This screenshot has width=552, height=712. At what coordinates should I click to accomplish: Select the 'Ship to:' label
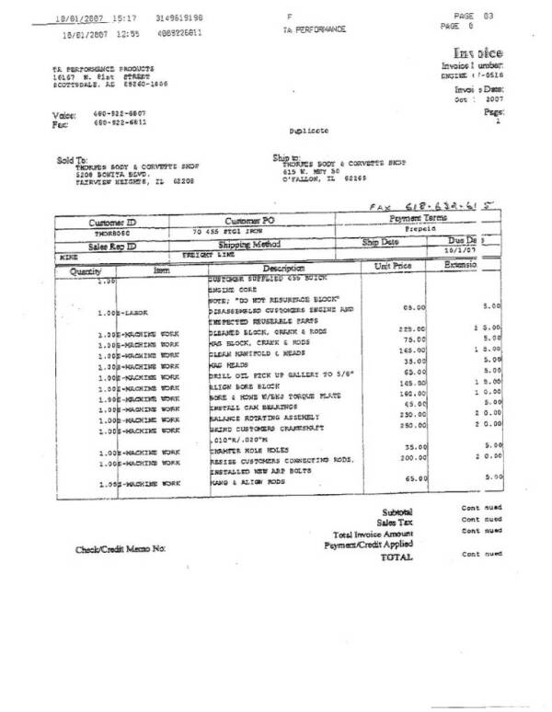[x=288, y=157]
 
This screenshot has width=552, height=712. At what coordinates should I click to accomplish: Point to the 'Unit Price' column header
[x=395, y=266]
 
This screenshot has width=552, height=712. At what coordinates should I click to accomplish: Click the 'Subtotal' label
[x=397, y=511]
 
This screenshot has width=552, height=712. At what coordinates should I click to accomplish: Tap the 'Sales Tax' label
[x=397, y=522]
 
